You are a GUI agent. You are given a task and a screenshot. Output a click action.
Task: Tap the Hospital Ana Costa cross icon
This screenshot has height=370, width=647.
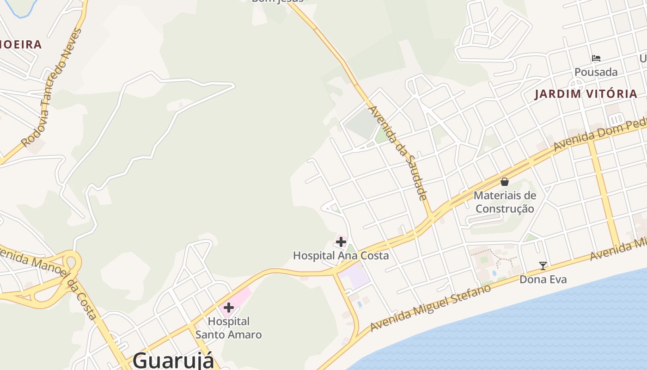tap(341, 241)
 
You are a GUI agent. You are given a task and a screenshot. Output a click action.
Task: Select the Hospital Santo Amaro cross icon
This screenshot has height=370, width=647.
tap(228, 308)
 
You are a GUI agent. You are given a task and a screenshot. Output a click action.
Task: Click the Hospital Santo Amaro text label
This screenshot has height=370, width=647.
tap(228, 327)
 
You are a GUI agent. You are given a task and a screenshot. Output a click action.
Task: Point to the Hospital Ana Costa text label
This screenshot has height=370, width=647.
tap(341, 255)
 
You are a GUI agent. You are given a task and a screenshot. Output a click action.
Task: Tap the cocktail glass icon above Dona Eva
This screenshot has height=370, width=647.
tap(543, 265)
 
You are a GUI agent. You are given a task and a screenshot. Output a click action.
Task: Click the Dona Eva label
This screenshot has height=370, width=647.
tap(543, 279)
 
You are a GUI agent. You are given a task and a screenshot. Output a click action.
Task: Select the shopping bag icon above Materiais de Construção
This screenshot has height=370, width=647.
tap(505, 182)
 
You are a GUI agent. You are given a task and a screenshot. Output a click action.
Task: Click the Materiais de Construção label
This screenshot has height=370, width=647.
tap(505, 202)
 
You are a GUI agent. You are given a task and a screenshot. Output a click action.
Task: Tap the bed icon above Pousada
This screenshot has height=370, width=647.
tap(596, 58)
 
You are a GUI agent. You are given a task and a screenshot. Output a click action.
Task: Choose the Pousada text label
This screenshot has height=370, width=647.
tap(596, 72)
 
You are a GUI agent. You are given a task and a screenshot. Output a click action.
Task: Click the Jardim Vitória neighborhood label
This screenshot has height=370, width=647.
tap(586, 94)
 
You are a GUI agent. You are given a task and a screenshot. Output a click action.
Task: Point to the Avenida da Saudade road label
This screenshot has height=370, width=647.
tap(398, 153)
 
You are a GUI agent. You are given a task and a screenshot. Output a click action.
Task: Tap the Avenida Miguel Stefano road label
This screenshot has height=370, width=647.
tap(430, 308)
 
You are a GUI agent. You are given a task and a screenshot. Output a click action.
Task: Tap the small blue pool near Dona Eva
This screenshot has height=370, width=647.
tap(495, 273)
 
